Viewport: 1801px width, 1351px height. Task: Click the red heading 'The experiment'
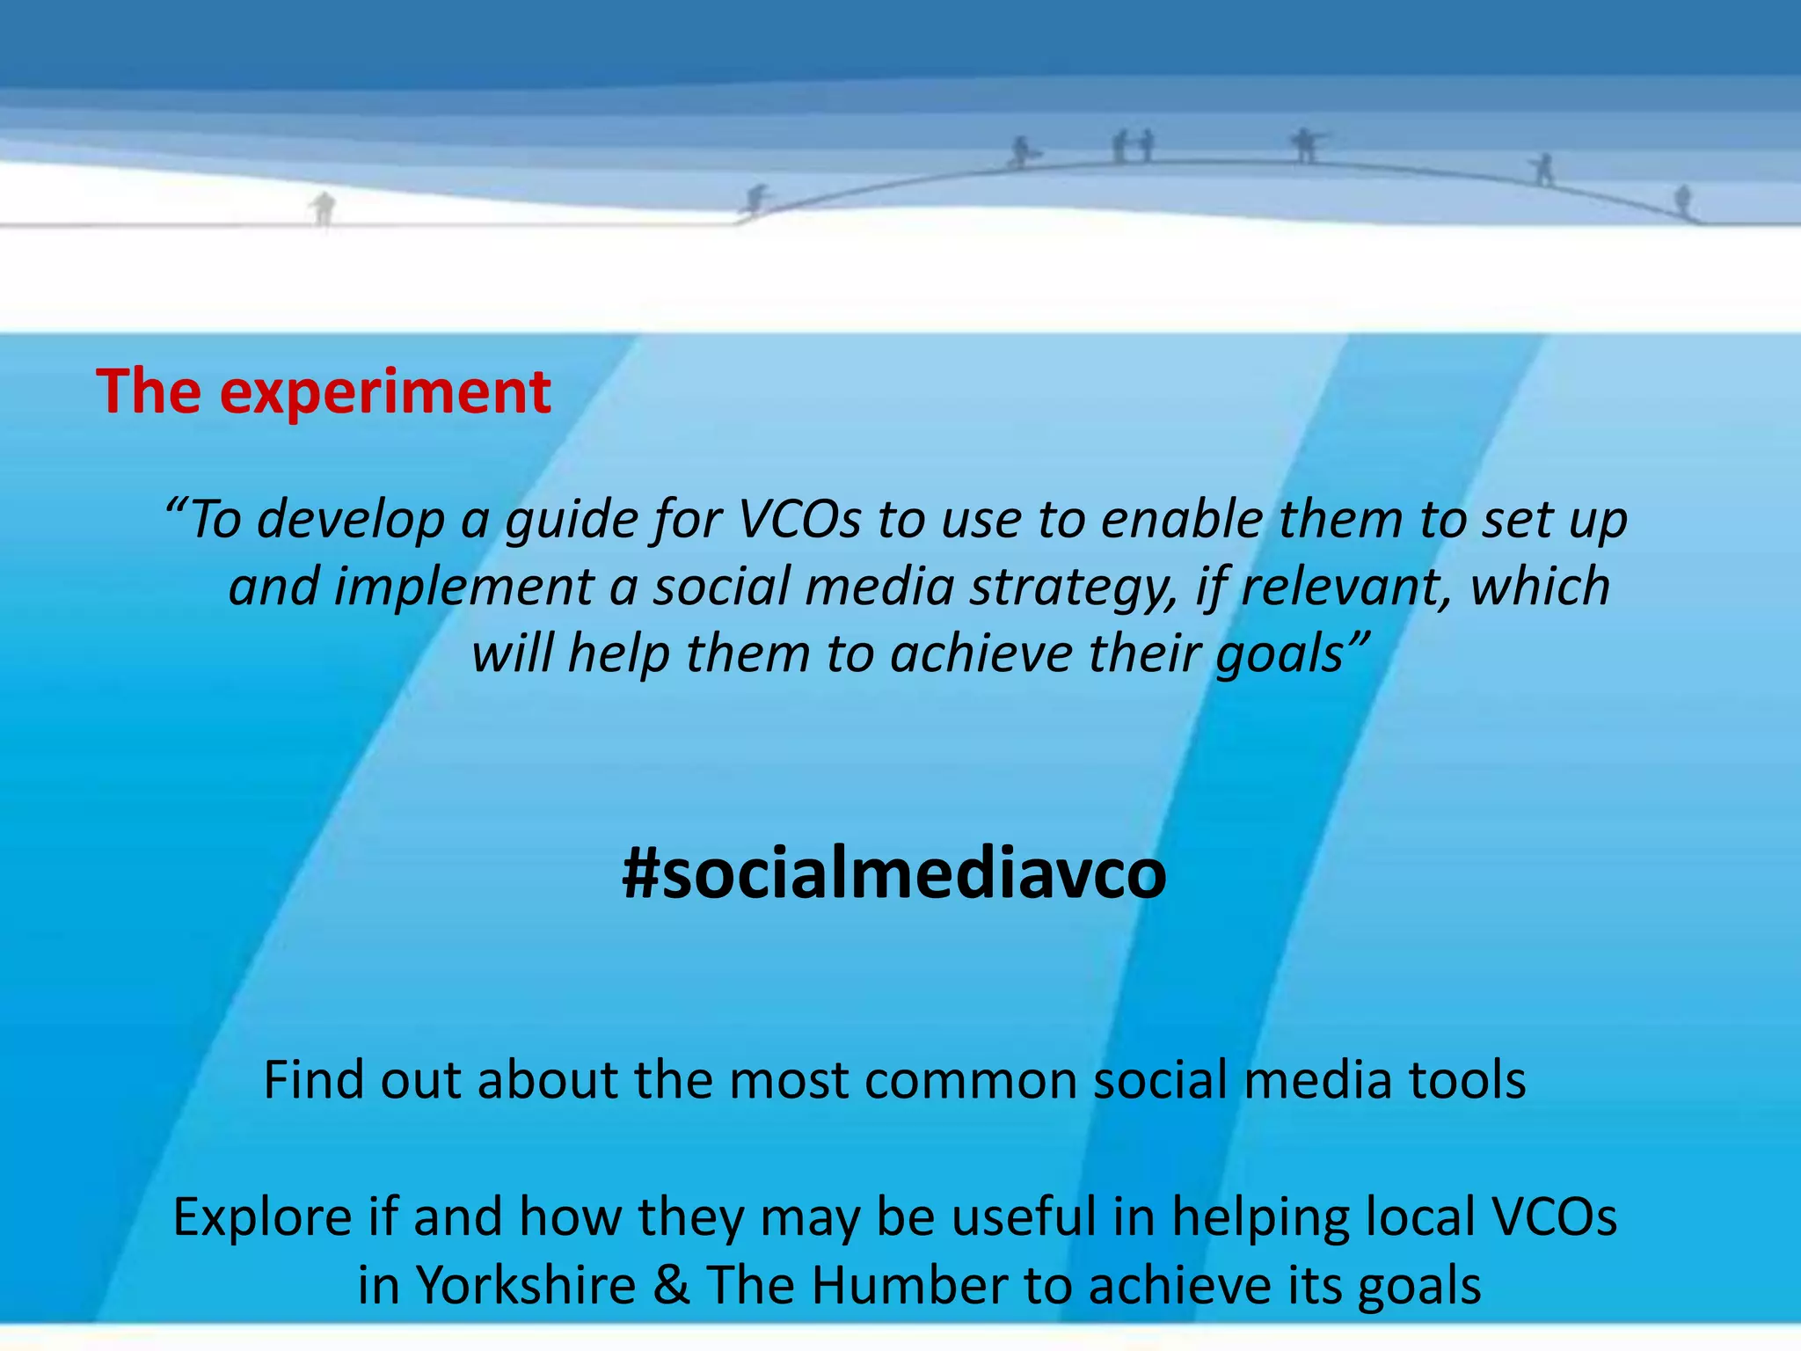[x=324, y=391]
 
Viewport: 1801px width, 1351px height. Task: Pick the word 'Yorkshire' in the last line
[x=525, y=1285]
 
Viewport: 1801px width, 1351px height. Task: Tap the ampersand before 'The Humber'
[x=671, y=1285]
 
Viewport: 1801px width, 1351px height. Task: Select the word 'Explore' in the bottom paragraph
[x=261, y=1218]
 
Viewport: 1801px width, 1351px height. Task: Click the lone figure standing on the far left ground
[x=324, y=209]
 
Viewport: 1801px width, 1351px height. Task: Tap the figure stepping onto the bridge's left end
[x=755, y=200]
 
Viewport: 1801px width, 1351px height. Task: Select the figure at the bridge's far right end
[x=1682, y=201]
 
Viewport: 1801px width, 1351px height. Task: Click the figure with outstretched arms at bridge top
[x=1305, y=145]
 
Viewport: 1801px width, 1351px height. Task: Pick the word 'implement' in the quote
[x=463, y=588]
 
